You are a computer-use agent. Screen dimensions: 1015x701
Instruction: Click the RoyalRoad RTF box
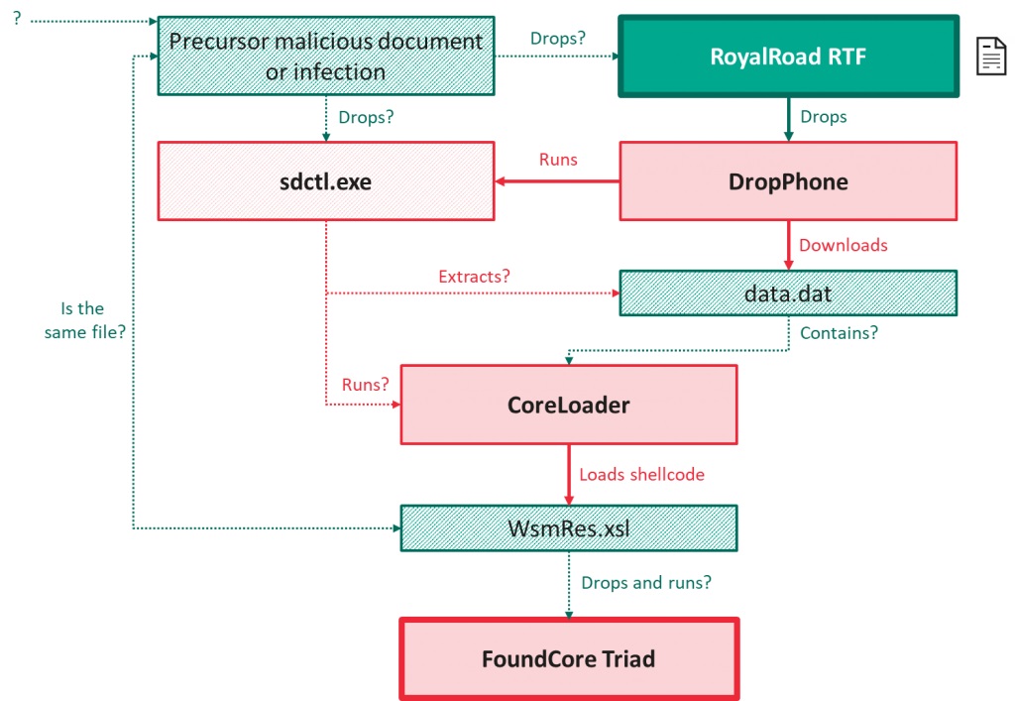788,57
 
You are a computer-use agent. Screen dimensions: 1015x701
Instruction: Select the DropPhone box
788,181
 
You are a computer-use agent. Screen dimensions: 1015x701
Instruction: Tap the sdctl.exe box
326,181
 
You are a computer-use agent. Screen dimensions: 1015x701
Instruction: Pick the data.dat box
788,293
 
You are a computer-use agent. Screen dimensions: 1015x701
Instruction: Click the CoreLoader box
569,405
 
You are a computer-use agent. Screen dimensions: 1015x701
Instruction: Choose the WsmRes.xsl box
569,528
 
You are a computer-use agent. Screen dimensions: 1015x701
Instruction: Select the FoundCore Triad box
569,659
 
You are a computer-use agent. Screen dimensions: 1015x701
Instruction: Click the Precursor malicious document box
326,57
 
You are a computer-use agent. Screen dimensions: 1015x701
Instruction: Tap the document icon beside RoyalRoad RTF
991,57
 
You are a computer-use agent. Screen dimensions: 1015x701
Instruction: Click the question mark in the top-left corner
17,18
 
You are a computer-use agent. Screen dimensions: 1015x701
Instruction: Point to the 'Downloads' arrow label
843,245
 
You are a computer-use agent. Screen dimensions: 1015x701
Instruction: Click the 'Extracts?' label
474,277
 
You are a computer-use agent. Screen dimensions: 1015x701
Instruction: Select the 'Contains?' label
839,333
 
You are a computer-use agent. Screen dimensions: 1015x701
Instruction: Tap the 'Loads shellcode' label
641,475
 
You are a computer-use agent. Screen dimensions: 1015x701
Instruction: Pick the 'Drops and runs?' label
646,583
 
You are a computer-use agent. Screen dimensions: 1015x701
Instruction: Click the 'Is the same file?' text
84,320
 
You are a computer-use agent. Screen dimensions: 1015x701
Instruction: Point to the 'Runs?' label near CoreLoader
365,385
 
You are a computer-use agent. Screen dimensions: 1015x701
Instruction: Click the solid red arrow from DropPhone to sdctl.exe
557,181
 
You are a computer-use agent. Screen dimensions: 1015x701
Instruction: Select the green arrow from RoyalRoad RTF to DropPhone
788,120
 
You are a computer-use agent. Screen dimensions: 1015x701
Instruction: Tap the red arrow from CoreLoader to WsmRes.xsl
569,475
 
